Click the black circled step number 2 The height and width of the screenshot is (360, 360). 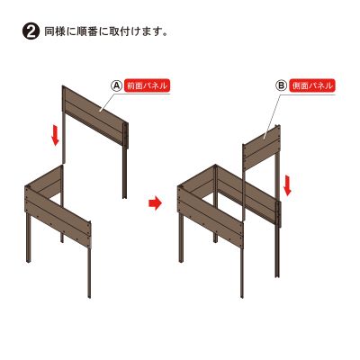point(31,31)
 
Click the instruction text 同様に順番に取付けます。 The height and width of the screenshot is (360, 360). point(105,31)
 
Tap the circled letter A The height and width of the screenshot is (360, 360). point(116,86)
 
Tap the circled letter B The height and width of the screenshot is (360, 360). point(282,86)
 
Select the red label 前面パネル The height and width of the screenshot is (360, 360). point(147,86)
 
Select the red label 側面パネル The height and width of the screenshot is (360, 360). point(313,86)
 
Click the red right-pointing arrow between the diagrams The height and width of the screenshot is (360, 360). point(155,203)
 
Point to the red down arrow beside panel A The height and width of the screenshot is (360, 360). point(55,136)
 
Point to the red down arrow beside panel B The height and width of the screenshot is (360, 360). point(287,185)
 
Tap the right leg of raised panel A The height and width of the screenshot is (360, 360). point(124,172)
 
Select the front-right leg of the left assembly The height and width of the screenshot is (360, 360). point(89,273)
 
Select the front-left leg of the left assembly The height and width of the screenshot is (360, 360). point(29,238)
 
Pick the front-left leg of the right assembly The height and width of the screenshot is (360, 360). point(181,238)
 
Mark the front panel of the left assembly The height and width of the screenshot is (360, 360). point(58,217)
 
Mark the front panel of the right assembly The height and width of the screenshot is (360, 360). point(211,217)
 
